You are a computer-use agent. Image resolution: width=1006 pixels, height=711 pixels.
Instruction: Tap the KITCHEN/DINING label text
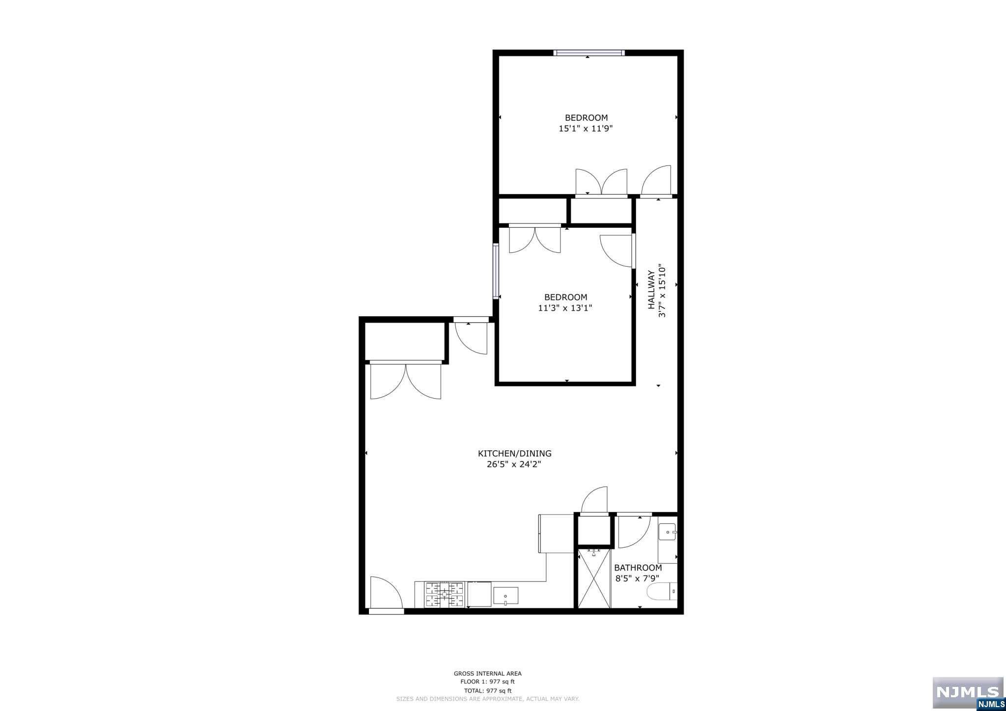tap(515, 454)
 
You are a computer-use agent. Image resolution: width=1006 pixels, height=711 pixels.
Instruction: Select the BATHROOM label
tap(638, 568)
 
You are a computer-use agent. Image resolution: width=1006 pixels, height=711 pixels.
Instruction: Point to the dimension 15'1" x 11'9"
tap(586, 129)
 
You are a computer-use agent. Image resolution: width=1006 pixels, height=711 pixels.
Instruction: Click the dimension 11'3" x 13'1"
tap(565, 308)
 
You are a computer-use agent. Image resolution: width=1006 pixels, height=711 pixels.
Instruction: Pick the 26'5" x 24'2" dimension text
tap(515, 465)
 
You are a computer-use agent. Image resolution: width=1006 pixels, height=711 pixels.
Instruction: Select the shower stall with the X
tap(594, 578)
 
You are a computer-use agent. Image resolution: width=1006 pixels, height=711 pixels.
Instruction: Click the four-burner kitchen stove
tap(445, 595)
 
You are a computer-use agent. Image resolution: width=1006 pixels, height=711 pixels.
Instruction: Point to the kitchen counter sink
tap(505, 596)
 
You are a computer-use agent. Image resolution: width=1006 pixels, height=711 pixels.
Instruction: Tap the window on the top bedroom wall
tap(588, 53)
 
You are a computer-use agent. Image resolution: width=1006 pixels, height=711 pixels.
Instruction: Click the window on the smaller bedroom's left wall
tap(496, 272)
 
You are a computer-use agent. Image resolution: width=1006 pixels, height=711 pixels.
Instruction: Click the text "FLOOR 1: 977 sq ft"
tap(487, 682)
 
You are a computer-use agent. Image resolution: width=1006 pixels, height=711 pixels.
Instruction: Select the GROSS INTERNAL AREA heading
tap(487, 674)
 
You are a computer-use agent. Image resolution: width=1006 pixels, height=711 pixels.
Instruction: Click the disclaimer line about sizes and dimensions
tap(488, 698)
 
